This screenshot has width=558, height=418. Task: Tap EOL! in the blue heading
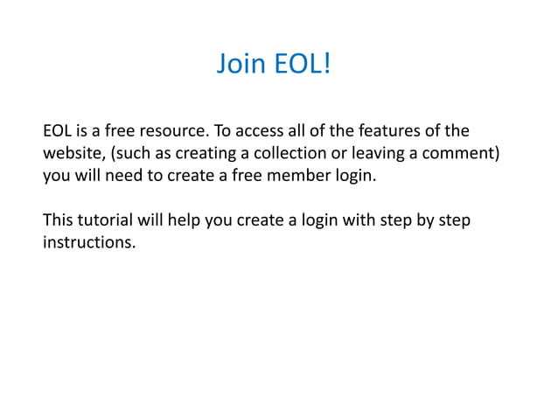click(x=301, y=65)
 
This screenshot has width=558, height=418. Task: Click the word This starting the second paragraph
click(x=59, y=219)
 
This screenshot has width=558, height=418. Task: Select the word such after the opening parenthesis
click(x=136, y=155)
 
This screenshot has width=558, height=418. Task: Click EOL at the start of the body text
click(x=58, y=133)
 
